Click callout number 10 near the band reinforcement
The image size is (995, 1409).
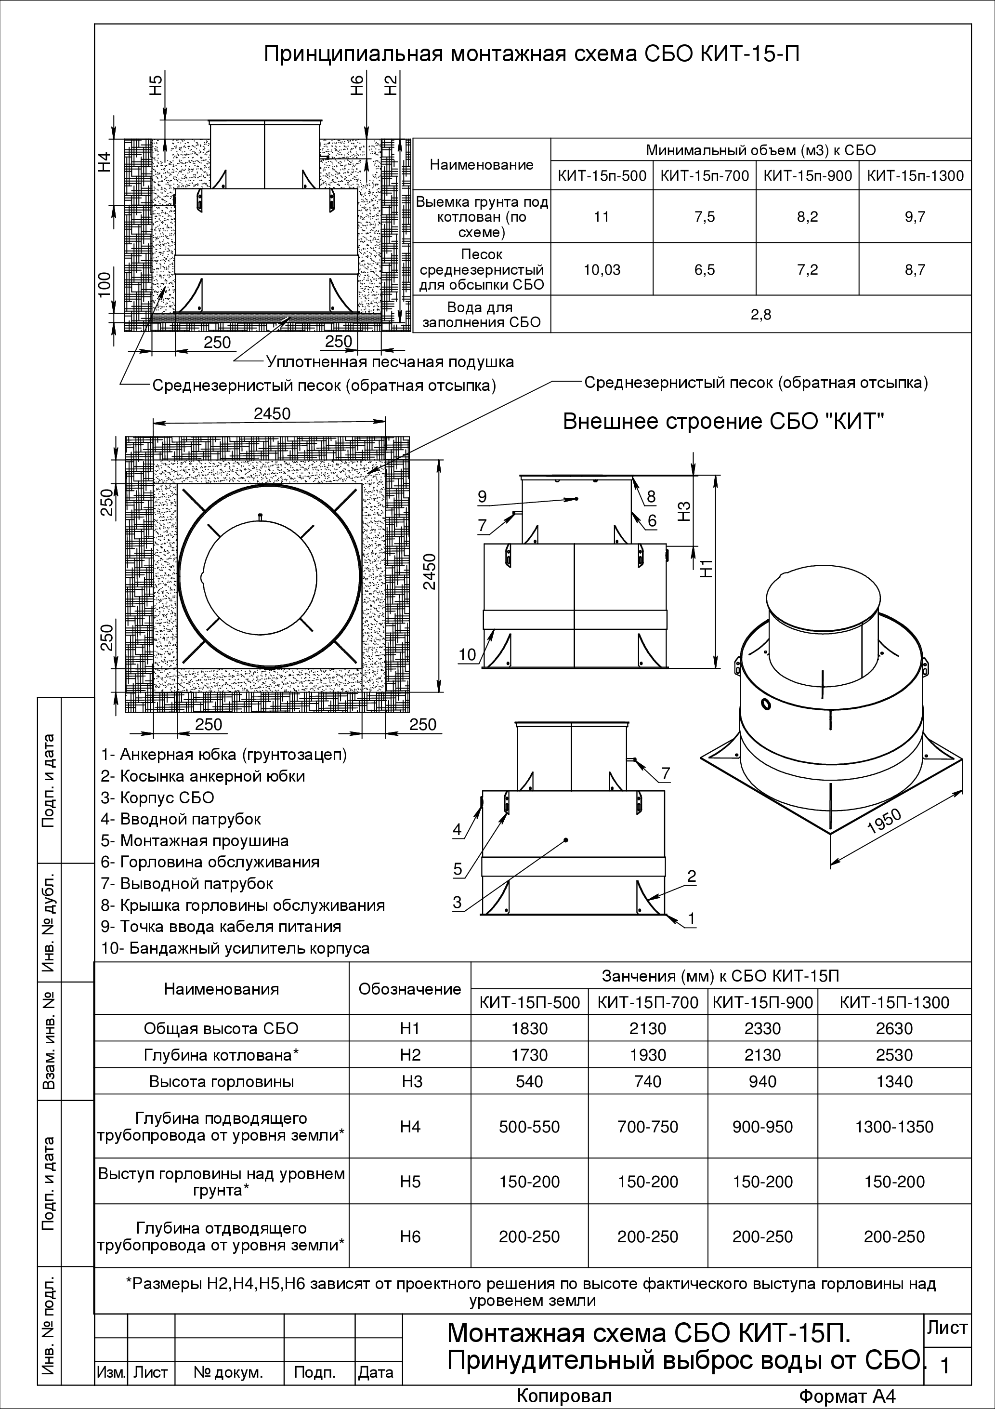point(468,654)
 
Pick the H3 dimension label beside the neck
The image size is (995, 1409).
point(686,511)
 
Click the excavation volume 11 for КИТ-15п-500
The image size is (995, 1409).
point(602,217)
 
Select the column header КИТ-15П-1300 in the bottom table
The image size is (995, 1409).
point(894,1003)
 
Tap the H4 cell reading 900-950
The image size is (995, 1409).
point(762,1127)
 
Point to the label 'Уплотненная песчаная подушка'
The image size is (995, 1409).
point(390,362)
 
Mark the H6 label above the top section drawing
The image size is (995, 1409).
point(358,85)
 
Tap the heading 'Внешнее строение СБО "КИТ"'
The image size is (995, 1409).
point(724,422)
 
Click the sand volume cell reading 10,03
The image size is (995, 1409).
point(602,270)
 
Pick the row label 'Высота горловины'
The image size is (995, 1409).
point(222,1082)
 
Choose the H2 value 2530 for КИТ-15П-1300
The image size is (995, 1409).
point(894,1055)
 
